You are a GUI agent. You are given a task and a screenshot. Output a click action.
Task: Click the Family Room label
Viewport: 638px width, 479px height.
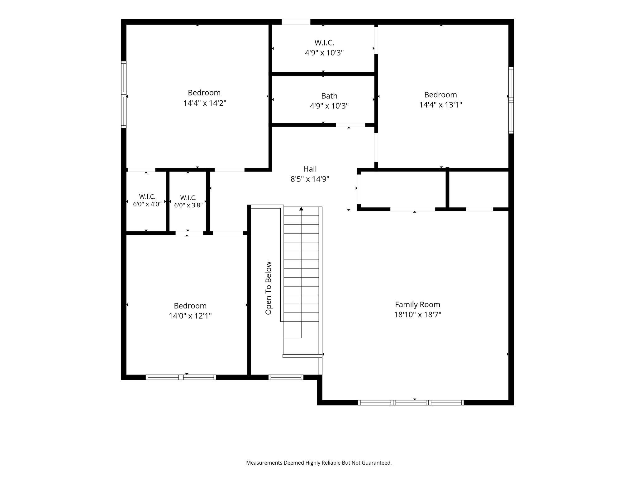(x=417, y=304)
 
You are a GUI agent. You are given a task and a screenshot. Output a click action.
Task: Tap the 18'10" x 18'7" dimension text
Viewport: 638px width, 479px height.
(x=417, y=314)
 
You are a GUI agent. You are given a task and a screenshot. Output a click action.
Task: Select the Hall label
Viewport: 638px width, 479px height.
(x=310, y=169)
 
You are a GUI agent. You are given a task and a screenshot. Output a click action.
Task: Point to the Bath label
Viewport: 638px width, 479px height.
(x=329, y=96)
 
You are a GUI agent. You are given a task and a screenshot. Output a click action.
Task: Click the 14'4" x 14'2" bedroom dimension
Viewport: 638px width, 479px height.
(x=205, y=103)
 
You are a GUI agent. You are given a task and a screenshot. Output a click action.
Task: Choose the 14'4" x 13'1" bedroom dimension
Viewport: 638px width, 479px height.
(x=440, y=105)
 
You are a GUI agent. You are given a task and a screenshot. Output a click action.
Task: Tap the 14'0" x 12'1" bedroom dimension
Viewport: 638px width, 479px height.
(x=190, y=316)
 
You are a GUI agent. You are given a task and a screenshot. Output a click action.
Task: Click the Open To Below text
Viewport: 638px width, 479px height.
(x=268, y=288)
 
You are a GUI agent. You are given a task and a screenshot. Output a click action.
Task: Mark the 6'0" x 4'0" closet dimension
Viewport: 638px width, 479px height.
(x=147, y=204)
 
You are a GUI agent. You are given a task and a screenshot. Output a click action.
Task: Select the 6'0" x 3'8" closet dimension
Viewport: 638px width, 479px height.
(x=188, y=205)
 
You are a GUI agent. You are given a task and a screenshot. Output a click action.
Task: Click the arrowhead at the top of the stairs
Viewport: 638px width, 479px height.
(x=301, y=209)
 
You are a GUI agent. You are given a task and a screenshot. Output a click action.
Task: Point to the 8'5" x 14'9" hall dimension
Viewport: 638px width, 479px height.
(x=310, y=179)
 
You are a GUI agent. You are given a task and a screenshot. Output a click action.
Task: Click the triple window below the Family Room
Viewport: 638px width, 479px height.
(x=411, y=403)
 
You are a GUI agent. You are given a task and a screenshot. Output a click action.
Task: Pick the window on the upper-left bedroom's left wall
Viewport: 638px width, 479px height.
(x=124, y=94)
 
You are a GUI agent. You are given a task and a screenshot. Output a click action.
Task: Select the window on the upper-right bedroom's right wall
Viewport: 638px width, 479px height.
(x=511, y=100)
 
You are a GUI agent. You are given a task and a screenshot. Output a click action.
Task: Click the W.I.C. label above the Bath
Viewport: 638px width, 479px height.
(x=324, y=43)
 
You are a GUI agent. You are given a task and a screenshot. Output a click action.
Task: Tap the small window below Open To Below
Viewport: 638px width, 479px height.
(x=286, y=377)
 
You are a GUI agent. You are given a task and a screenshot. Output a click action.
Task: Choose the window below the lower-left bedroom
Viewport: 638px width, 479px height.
(x=181, y=377)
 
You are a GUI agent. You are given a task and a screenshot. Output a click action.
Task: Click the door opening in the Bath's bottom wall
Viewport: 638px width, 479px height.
(x=350, y=125)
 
